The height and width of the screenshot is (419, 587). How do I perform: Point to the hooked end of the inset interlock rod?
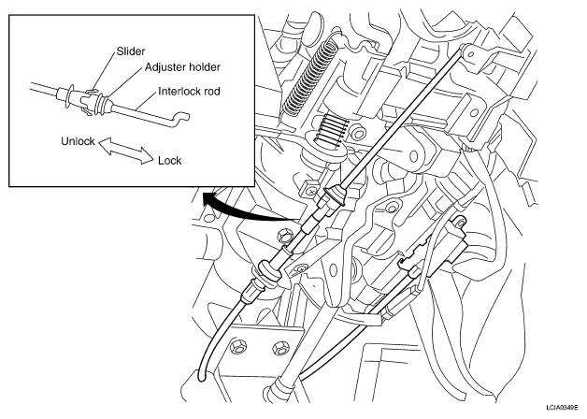tap(179, 117)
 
